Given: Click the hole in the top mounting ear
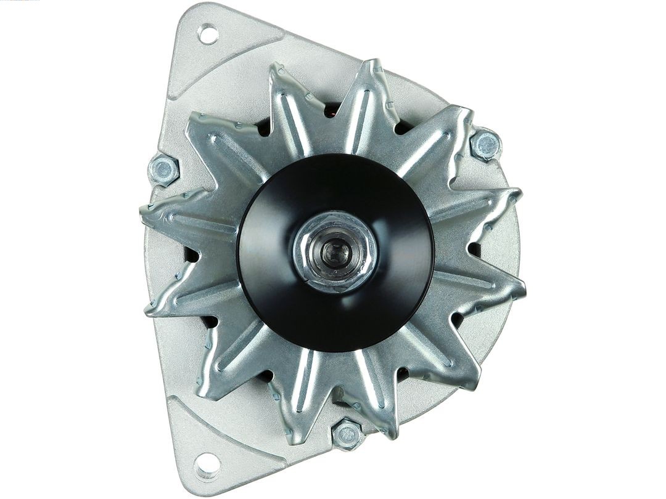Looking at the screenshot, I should click(208, 34).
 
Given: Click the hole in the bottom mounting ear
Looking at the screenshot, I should click(207, 465).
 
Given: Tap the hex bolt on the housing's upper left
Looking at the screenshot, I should click(164, 169).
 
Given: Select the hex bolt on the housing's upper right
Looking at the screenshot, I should click(486, 145).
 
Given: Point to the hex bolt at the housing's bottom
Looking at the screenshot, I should click(347, 435).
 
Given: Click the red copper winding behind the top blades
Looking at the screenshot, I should click(331, 111).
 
